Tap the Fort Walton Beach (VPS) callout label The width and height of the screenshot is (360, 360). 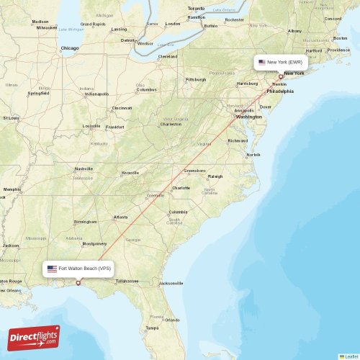tap(79, 269)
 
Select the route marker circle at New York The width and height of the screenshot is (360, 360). tap(281, 76)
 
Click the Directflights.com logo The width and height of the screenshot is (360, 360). tap(34, 338)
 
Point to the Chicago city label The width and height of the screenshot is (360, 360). tap(70, 48)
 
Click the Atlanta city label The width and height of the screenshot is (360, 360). tap(121, 217)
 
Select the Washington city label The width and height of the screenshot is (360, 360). tap(249, 116)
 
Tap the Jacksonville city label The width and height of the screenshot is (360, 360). tap(171, 283)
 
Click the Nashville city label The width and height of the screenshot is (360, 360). tap(84, 168)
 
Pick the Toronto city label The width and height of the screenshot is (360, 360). tap(196, 9)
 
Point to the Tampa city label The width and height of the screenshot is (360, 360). tap(151, 328)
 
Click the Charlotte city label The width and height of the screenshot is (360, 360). tap(181, 188)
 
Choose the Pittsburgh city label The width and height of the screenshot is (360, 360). tap(195, 79)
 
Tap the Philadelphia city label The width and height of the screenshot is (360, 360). tap(280, 91)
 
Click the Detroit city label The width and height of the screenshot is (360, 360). tap(128, 40)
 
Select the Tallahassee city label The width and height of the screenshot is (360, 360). tap(127, 281)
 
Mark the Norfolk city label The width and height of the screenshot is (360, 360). tap(253, 155)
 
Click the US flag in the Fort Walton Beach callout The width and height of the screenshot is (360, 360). tap(52, 269)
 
